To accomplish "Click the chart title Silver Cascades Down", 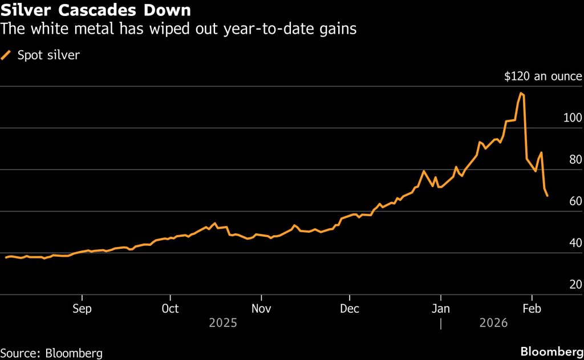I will [96, 10].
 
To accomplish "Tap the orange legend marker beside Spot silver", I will [7, 55].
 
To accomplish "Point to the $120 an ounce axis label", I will [543, 76].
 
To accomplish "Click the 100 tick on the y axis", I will [573, 118].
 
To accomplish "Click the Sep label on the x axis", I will [82, 309].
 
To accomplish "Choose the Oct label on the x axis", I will [170, 309].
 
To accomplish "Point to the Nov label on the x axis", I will [261, 309].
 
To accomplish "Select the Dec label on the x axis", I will [349, 309].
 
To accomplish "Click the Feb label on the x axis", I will [532, 309].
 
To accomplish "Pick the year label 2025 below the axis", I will [222, 323].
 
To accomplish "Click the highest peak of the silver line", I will [521, 93].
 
